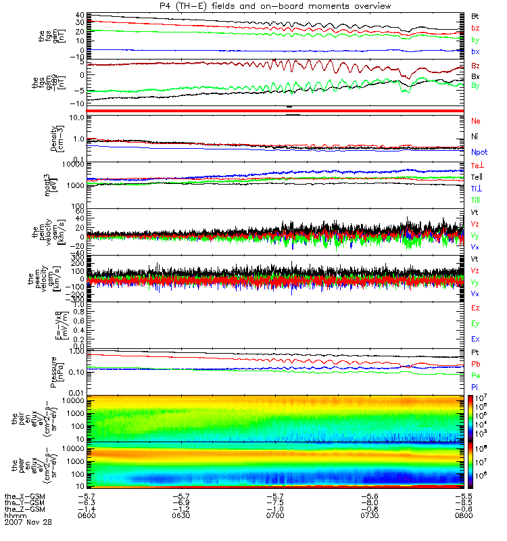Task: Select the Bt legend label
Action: coord(475,16)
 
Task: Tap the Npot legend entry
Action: coord(478,154)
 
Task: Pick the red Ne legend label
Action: coord(475,121)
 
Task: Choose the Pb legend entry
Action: coord(475,364)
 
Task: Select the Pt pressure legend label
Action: coord(475,353)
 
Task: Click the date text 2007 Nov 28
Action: coord(28,522)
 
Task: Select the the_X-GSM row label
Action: coord(23,495)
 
